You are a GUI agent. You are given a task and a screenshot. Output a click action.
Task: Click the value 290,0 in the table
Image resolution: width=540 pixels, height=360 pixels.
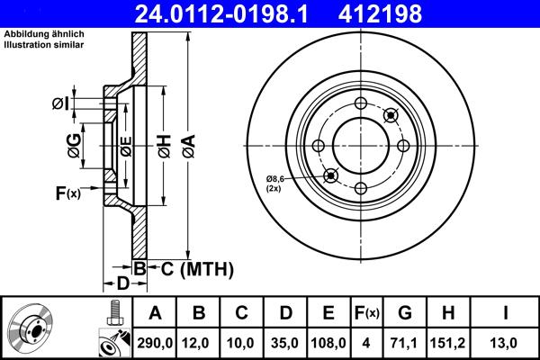pyautogui.click(x=154, y=342)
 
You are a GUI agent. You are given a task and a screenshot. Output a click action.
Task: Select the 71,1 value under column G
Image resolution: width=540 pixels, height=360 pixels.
pyautogui.click(x=405, y=342)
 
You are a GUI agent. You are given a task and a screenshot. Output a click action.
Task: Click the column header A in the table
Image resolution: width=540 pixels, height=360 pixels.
pyautogui.click(x=154, y=312)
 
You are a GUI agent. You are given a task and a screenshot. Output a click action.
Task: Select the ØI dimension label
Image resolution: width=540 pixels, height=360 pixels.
pyautogui.click(x=62, y=103)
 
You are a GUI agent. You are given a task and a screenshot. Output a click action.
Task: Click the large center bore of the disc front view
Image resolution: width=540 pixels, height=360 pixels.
pyautogui.click(x=360, y=145)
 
